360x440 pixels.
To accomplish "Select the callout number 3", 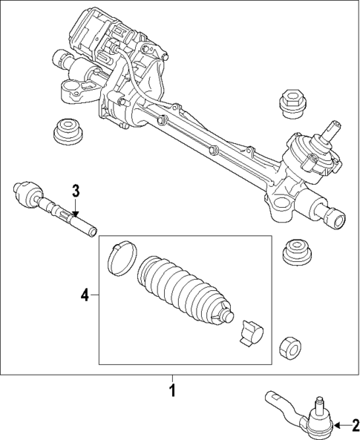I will (76, 190).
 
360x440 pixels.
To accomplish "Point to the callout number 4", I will (85, 295).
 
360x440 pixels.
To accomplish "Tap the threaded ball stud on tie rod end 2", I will (319, 407).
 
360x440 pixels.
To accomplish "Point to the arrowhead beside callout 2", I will (336, 425).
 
